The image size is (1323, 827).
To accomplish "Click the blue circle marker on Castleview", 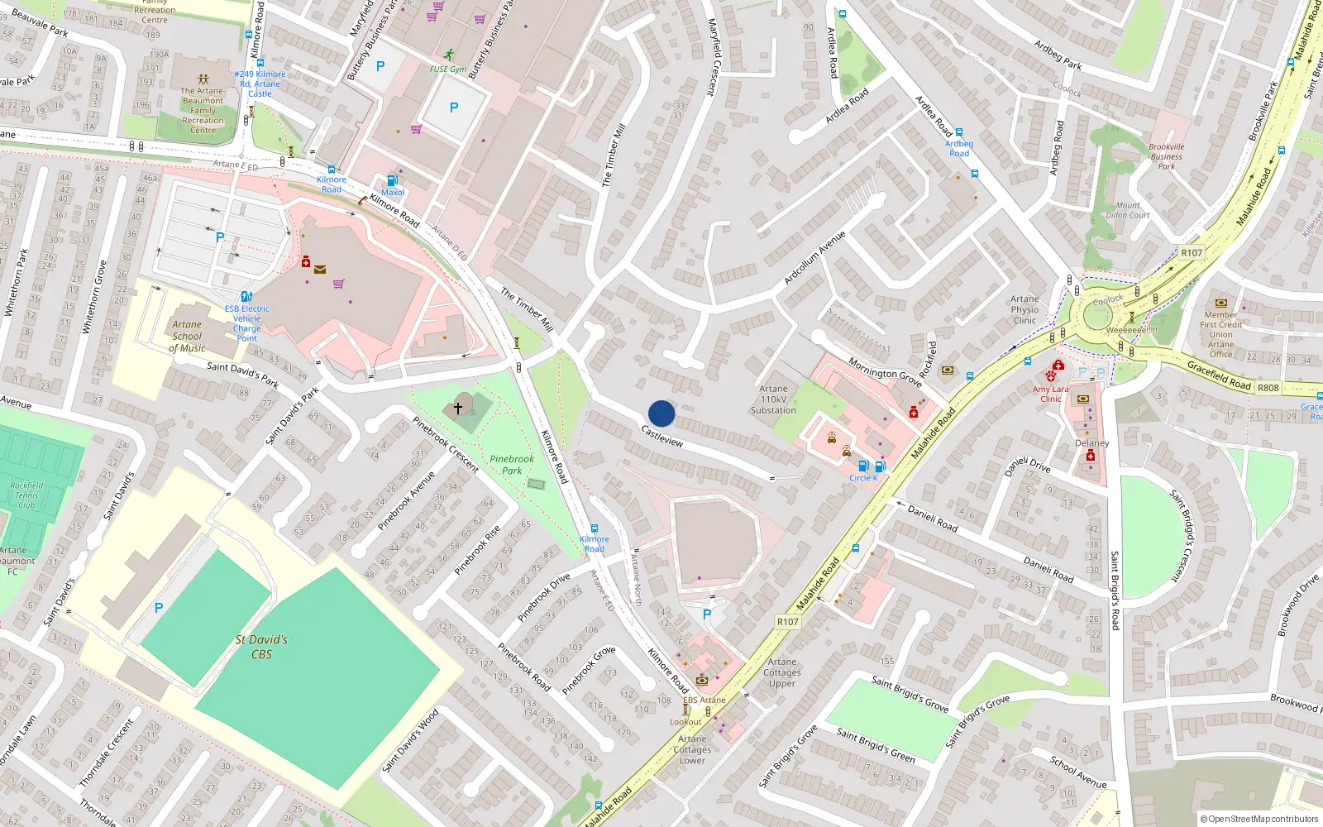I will (x=661, y=413).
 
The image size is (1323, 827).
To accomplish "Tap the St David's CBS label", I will (x=261, y=647).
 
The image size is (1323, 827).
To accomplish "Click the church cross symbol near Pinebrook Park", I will (x=458, y=408).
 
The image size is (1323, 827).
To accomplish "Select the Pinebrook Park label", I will (x=512, y=465).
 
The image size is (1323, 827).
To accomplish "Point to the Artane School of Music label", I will (x=187, y=337).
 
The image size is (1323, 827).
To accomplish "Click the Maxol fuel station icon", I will (x=392, y=180).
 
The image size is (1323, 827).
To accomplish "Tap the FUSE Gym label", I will (x=448, y=69).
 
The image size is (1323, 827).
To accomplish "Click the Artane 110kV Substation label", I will (x=773, y=399).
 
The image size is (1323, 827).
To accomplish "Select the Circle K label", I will (x=863, y=478).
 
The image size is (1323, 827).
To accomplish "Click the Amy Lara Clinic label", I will (x=1050, y=394).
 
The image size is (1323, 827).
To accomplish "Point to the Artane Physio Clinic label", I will (x=1024, y=310).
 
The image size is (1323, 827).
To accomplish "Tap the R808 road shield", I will (x=1268, y=387).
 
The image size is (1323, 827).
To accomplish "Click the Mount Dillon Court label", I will (x=1128, y=210).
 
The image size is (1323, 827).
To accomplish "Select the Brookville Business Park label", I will (x=1166, y=156).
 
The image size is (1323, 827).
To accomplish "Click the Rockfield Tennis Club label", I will (x=26, y=495).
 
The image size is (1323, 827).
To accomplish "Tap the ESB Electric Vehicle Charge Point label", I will (x=246, y=323).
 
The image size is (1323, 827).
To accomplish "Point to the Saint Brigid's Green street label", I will (x=876, y=745).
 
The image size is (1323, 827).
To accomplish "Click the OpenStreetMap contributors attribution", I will (x=1259, y=819).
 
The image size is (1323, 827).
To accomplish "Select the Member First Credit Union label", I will (x=1220, y=334).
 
